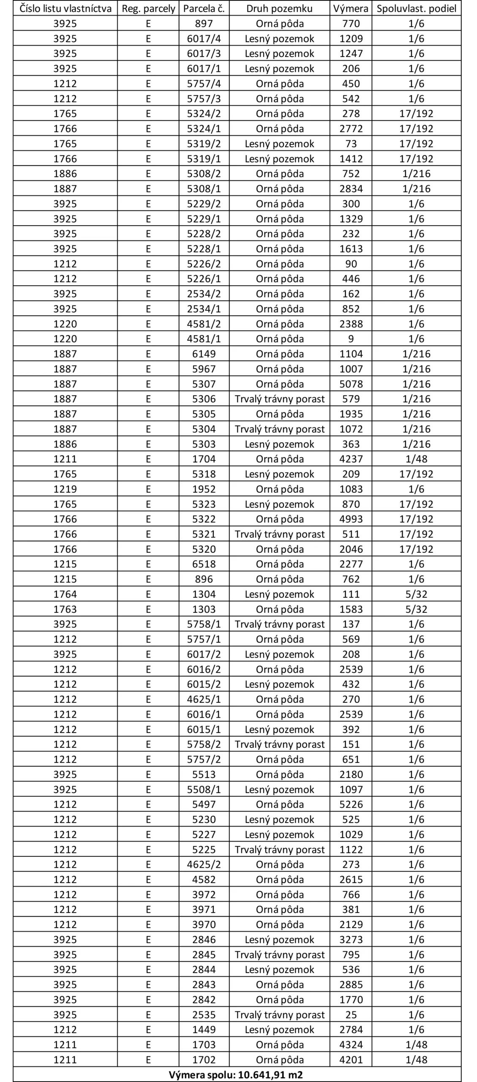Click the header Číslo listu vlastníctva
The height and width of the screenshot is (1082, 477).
tap(65, 8)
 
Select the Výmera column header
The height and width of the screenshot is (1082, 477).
tap(351, 8)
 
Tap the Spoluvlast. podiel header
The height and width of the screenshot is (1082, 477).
tap(416, 8)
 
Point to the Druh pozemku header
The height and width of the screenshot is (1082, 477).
tap(279, 8)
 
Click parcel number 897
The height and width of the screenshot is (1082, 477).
tap(204, 24)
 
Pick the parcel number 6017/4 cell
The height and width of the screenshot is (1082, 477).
tap(204, 39)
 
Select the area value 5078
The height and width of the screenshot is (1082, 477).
tap(351, 384)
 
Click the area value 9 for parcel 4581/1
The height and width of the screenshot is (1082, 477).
tap(351, 339)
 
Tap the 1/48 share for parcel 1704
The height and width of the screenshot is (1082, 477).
tap(416, 459)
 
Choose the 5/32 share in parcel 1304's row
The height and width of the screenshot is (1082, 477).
tap(416, 594)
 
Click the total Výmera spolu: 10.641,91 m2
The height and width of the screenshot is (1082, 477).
tap(236, 1075)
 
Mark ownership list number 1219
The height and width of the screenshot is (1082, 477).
tap(65, 489)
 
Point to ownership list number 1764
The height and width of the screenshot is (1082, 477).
tap(65, 594)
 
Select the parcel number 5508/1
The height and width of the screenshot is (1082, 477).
tap(204, 790)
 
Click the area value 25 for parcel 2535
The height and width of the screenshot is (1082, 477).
tap(351, 1015)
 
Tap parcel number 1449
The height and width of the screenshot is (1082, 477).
tap(204, 1030)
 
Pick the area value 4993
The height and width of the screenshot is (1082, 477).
tap(351, 519)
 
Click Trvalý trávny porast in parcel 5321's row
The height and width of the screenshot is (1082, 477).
tap(279, 534)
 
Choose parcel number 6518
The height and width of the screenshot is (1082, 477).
tap(204, 564)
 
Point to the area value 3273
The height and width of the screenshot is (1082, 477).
tap(351, 940)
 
